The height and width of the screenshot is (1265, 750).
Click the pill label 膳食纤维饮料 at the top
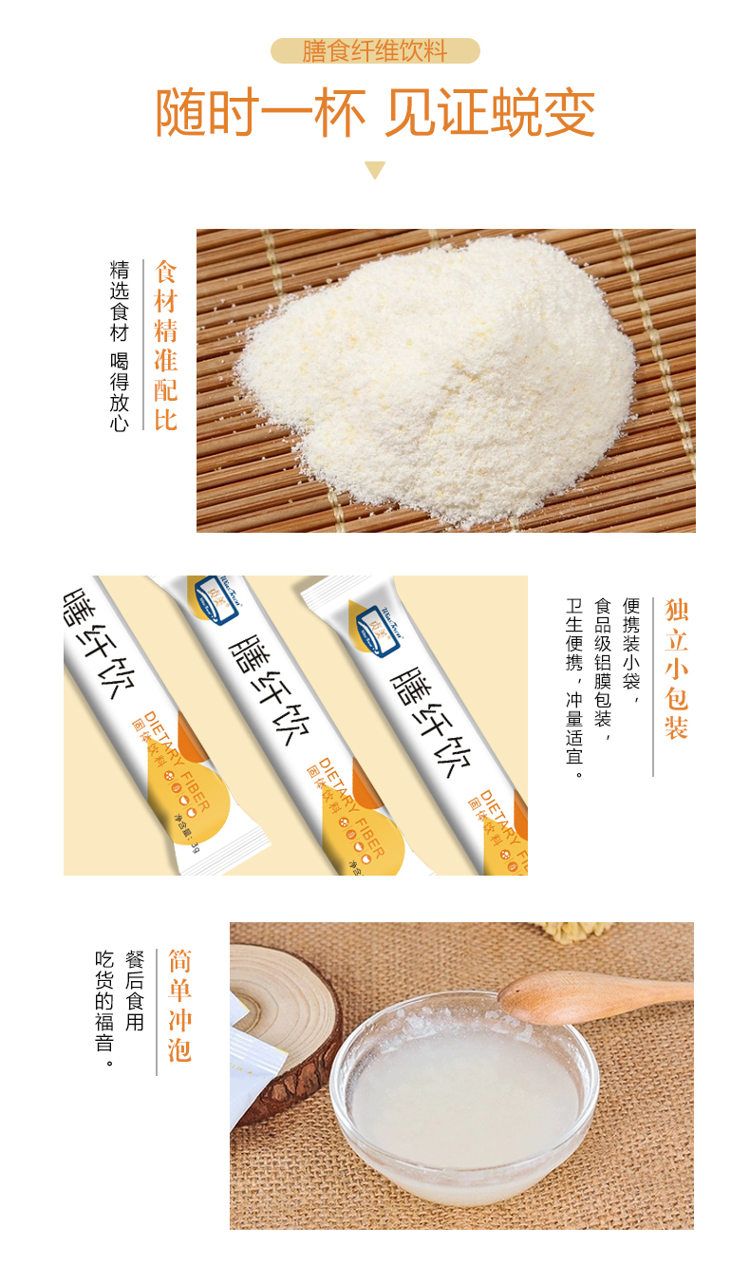click(375, 51)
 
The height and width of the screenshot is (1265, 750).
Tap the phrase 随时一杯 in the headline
click(260, 115)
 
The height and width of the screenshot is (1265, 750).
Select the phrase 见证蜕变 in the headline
click(490, 115)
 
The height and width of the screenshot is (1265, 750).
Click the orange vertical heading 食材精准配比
click(166, 346)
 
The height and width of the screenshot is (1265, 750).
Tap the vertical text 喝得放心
click(120, 393)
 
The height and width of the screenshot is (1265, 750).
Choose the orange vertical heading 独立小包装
click(676, 669)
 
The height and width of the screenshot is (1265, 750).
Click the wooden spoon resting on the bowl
click(589, 993)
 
